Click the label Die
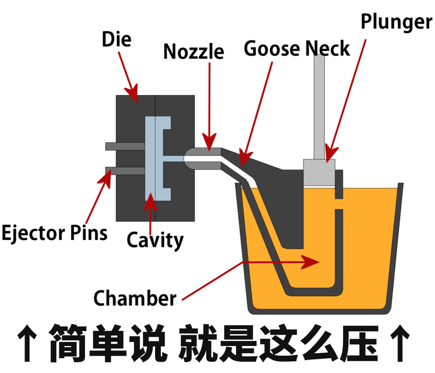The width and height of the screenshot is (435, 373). [x=116, y=40]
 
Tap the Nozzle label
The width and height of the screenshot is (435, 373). [x=193, y=52]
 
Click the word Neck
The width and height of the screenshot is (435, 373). [x=327, y=49]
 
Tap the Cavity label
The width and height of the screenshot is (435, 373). [x=155, y=240]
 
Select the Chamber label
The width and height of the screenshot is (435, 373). [x=135, y=298]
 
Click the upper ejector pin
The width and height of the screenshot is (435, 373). [x=125, y=146]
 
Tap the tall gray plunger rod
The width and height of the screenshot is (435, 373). [x=319, y=105]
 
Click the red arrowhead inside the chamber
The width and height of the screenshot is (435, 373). [x=312, y=263]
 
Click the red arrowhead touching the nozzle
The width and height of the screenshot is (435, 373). [x=209, y=143]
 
